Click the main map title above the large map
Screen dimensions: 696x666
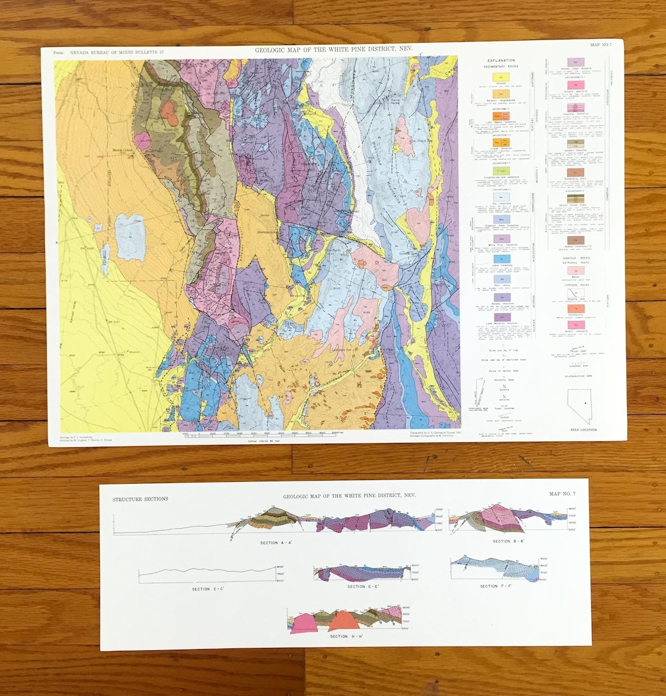(x=334, y=49)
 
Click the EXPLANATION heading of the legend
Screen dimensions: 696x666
(x=501, y=61)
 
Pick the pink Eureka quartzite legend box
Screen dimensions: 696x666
(x=575, y=84)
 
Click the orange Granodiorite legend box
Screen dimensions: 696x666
(x=575, y=307)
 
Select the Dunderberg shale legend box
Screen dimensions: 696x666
(x=575, y=173)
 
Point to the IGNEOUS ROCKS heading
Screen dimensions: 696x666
(x=576, y=257)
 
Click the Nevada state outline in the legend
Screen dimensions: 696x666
(x=580, y=405)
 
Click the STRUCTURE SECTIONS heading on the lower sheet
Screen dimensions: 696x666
(x=140, y=499)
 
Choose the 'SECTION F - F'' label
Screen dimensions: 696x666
(x=497, y=586)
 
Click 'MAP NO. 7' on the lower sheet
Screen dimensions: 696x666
(x=562, y=494)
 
